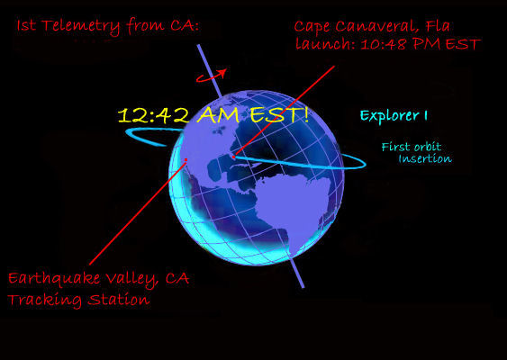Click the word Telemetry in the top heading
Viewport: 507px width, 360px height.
pos(81,26)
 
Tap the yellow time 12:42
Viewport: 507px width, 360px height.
pos(154,116)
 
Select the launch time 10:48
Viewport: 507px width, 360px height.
pos(383,44)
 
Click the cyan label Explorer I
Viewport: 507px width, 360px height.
pos(394,116)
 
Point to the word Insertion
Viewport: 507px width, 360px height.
pos(425,158)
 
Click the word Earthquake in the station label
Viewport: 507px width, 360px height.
pos(54,279)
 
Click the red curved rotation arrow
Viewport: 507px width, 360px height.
pos(211,76)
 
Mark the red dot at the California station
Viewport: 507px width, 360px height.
pos(186,159)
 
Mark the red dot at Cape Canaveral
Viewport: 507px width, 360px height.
pos(233,157)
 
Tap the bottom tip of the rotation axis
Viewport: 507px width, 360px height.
pos(303,287)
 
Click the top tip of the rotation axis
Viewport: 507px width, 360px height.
pos(198,45)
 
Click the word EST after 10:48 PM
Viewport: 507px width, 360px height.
pos(463,44)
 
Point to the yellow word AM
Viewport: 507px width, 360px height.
pos(218,114)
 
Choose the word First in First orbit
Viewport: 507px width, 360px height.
pos(394,147)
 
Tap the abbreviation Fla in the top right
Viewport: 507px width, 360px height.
pos(439,26)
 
